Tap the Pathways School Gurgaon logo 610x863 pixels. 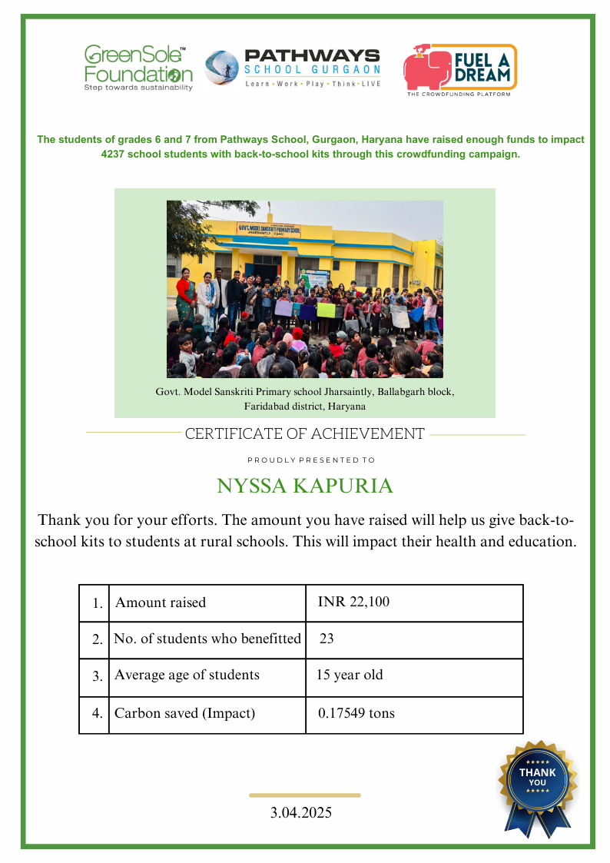[x=293, y=68]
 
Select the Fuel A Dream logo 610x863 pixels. [x=459, y=69]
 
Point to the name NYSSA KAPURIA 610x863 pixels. [x=305, y=486]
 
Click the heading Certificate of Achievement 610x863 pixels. [x=305, y=433]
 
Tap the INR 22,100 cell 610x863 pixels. [x=353, y=602]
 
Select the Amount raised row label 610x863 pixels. [x=161, y=602]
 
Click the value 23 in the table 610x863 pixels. [x=327, y=639]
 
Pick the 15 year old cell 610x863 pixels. [x=350, y=675]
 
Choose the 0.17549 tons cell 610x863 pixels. [x=356, y=713]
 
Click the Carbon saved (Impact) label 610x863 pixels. [x=184, y=713]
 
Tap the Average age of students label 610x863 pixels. [x=187, y=675]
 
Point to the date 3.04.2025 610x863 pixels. [x=301, y=812]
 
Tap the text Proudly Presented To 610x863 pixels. [x=311, y=460]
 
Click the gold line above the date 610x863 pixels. [x=305, y=795]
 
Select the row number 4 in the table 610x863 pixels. [x=97, y=713]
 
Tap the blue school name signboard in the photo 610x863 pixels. [x=269, y=229]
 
